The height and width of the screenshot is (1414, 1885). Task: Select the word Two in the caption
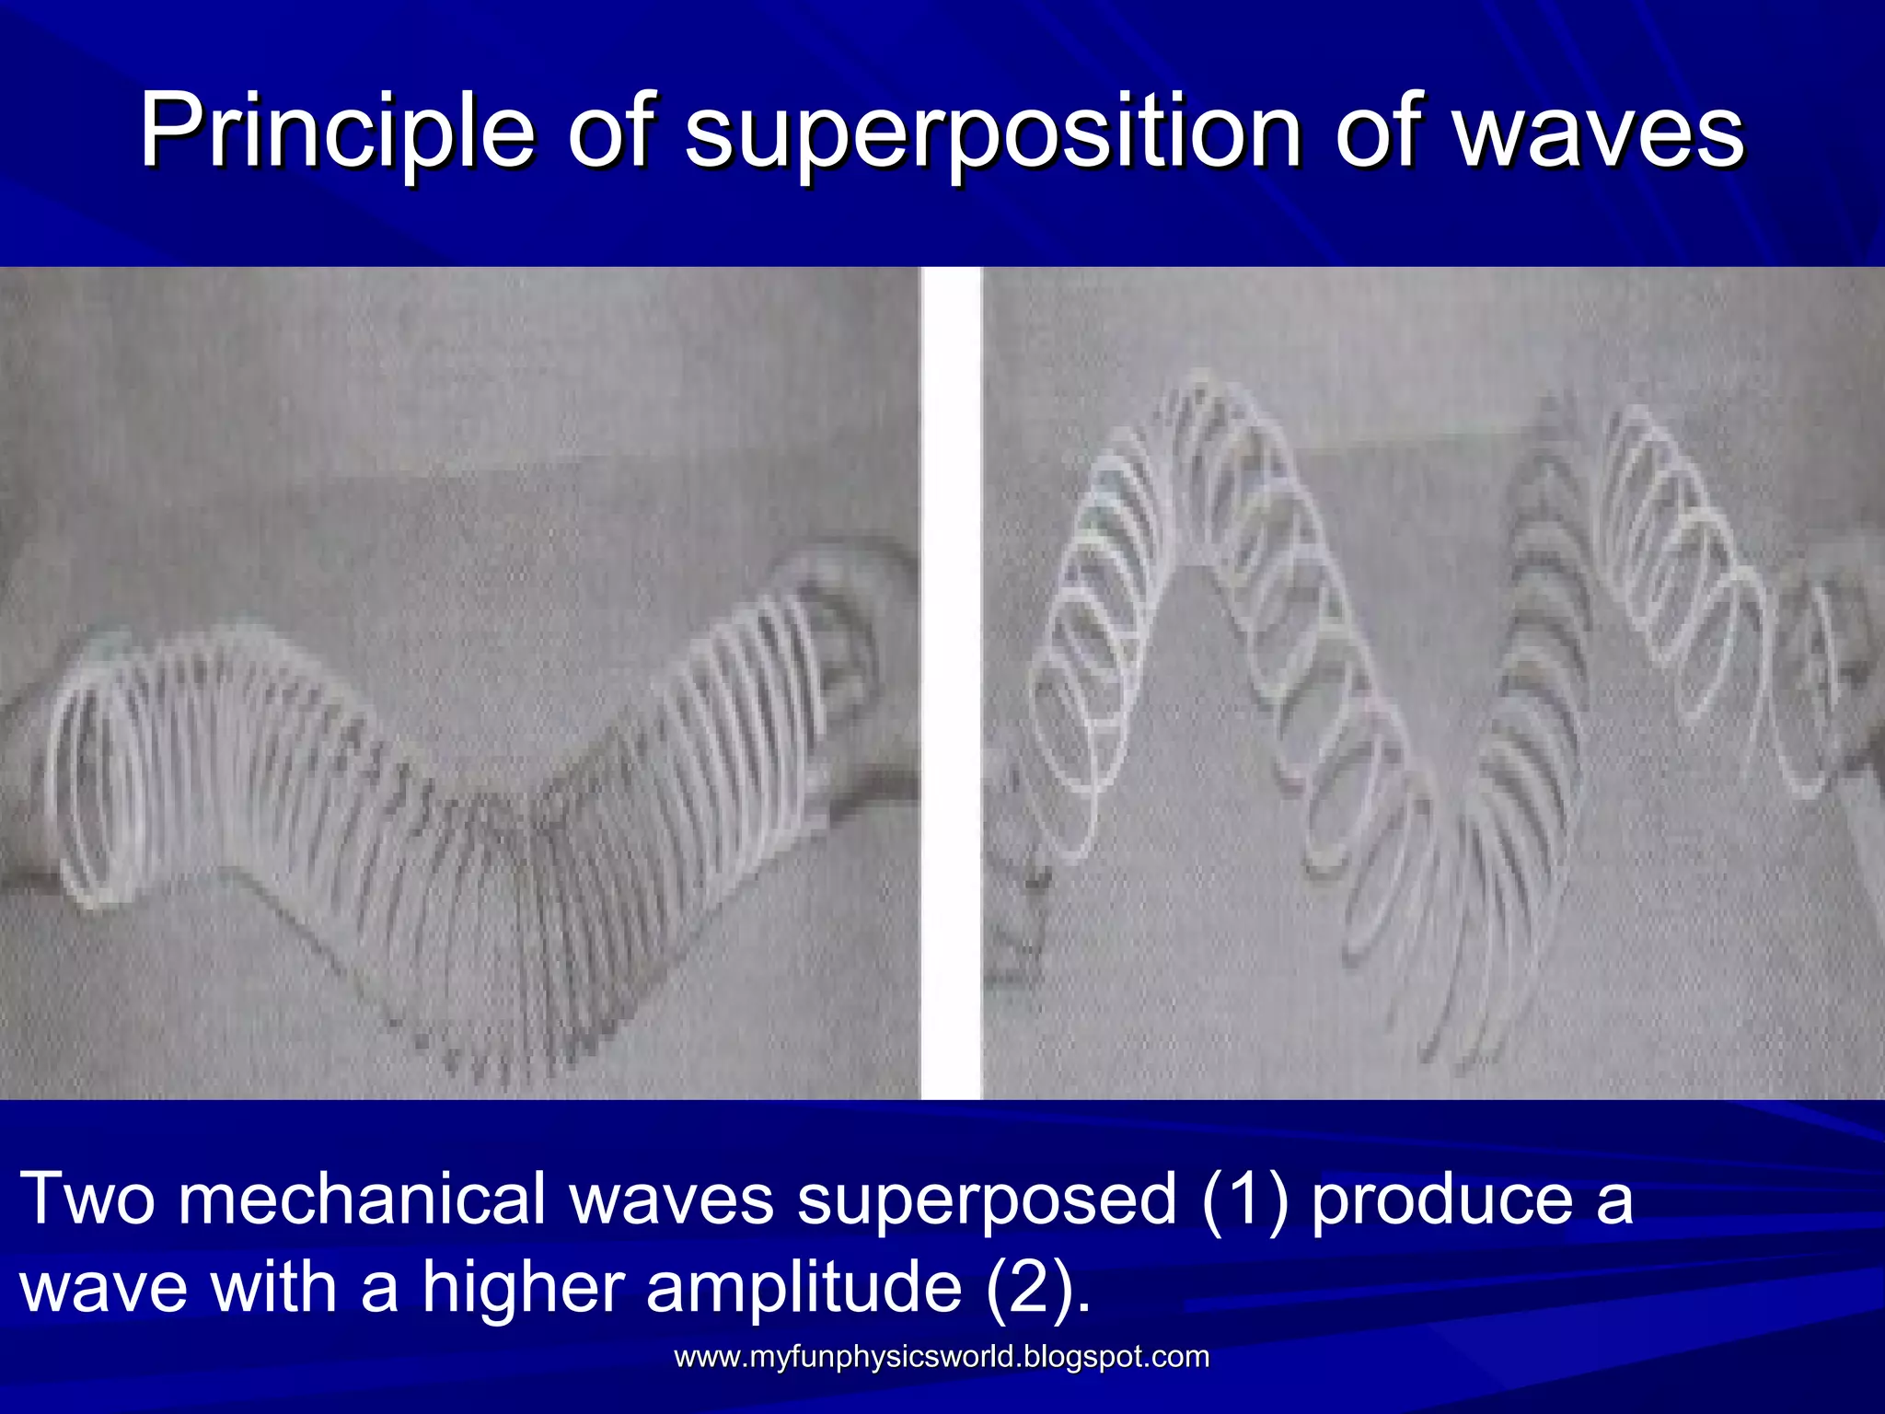(x=87, y=1200)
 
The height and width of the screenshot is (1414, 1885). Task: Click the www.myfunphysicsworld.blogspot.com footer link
(x=942, y=1357)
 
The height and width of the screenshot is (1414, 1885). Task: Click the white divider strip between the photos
(x=952, y=681)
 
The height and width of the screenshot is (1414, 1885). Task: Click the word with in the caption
(x=275, y=1287)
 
